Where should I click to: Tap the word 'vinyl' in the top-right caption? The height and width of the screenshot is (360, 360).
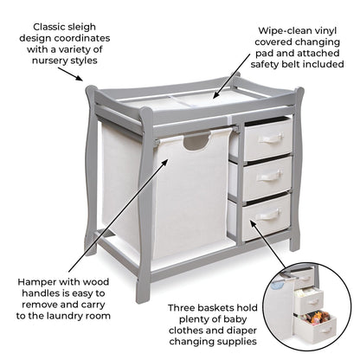[x=325, y=31]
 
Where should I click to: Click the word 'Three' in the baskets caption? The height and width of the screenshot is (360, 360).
[x=182, y=308]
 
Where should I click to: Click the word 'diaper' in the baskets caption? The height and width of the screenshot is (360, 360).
[x=241, y=331]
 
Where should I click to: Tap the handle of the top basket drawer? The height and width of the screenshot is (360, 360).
[x=271, y=138]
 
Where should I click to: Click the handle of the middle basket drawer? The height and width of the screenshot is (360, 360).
[x=269, y=175]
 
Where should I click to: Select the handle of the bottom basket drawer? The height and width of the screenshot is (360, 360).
[x=267, y=214]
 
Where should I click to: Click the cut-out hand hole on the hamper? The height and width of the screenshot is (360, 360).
[x=196, y=143]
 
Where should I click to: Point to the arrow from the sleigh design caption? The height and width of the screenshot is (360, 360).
[x=70, y=74]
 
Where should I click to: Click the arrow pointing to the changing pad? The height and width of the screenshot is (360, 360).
[x=232, y=75]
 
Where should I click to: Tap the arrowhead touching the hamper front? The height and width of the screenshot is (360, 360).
[x=164, y=162]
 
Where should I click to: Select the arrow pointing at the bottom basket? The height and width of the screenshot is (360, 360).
[x=267, y=244]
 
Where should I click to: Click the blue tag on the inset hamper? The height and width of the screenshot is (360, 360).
[x=279, y=286]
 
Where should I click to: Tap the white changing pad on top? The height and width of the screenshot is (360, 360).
[x=190, y=101]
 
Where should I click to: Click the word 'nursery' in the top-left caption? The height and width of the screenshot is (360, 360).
[x=48, y=61]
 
